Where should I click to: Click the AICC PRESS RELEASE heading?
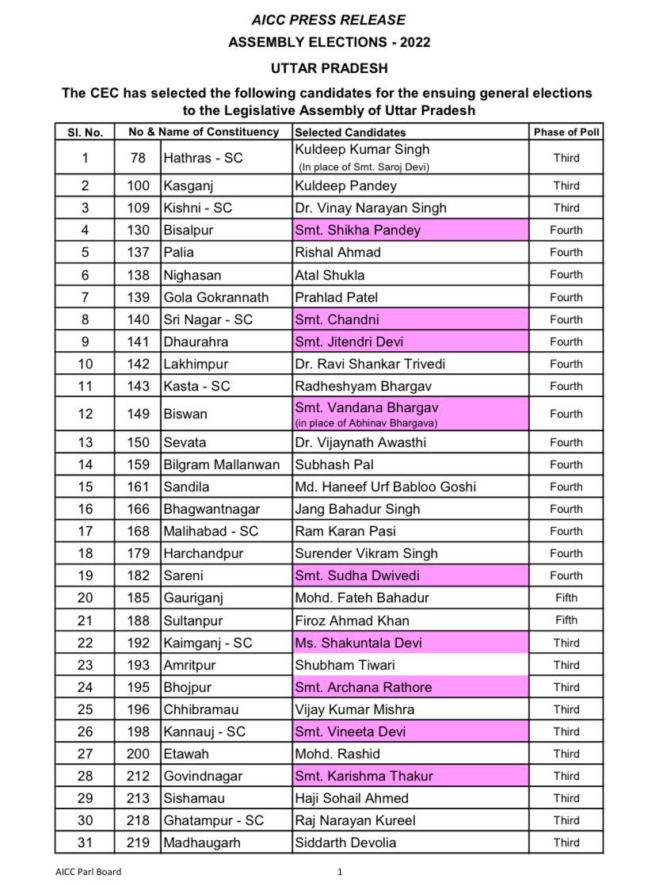tap(327, 20)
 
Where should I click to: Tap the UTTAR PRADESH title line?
tap(327, 69)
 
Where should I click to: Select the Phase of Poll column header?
tap(566, 132)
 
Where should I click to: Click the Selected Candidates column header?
tap(350, 132)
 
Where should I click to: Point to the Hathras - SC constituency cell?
tap(203, 158)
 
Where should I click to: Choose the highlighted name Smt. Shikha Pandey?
tap(357, 231)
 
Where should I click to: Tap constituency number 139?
tap(138, 297)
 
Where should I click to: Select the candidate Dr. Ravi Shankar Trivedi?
tap(370, 364)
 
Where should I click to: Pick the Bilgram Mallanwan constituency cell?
tap(221, 464)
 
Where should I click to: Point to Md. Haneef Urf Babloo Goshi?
tap(385, 487)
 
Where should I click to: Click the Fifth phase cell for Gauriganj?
tap(566, 598)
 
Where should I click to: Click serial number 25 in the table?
tap(85, 709)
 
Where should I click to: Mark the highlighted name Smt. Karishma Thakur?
tap(364, 776)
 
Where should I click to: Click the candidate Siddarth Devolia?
tap(345, 842)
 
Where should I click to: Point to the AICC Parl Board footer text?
tap(89, 873)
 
